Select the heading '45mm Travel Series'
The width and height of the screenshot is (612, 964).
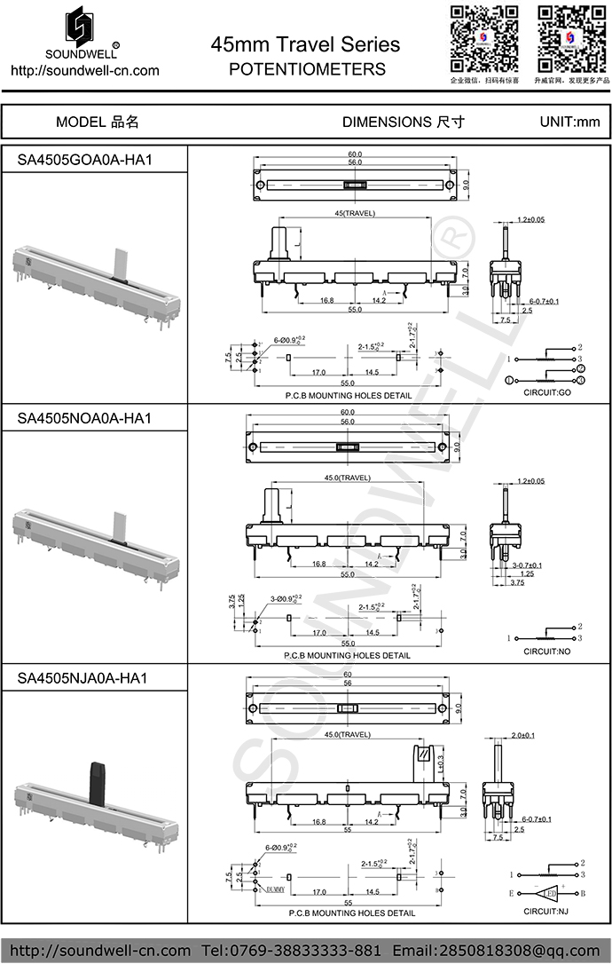(305, 44)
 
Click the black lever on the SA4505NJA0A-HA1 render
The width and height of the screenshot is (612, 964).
(94, 780)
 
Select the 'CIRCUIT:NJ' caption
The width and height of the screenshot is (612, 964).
(546, 912)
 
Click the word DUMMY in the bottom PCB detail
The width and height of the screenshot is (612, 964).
(271, 888)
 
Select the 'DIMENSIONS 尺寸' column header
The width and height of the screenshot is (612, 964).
(403, 122)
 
